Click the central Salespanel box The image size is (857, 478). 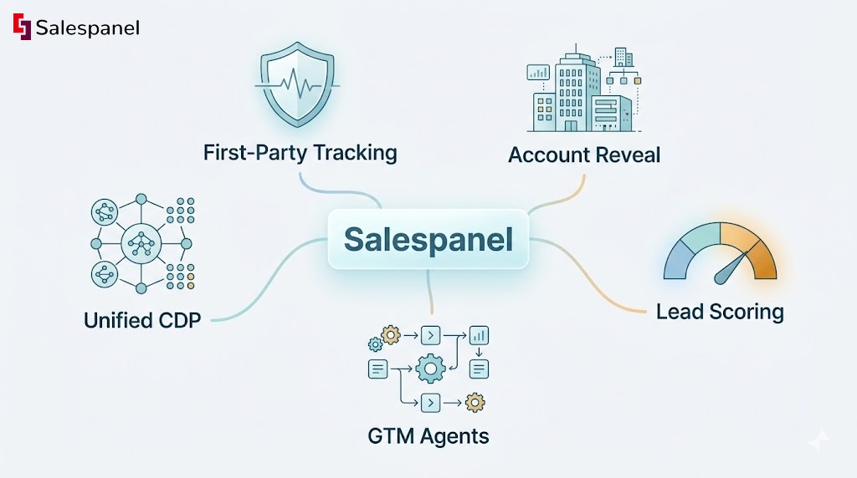428,239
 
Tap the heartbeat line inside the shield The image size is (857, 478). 298,84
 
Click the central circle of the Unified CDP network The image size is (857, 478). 140,244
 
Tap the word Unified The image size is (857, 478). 116,319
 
